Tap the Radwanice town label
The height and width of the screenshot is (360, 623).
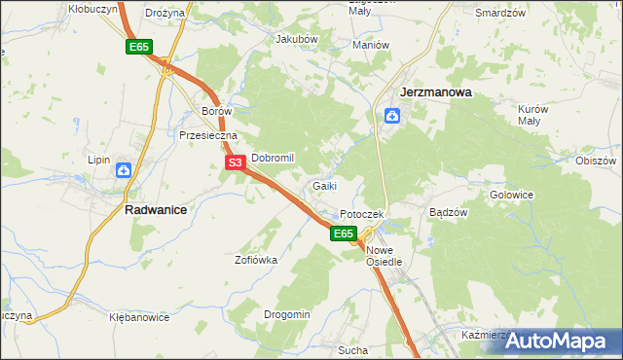(x=156, y=208)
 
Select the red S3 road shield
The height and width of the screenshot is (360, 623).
(x=235, y=163)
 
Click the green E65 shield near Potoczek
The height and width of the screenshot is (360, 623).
(x=342, y=234)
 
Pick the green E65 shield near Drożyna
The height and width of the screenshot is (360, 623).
(x=138, y=47)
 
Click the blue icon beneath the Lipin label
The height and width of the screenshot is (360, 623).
(x=125, y=171)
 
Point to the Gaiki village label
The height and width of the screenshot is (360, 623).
(x=325, y=186)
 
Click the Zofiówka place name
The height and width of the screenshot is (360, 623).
(x=256, y=260)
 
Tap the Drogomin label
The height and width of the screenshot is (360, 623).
(x=286, y=314)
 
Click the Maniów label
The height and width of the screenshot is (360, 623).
(x=371, y=45)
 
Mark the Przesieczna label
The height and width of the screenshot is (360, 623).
(x=202, y=136)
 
